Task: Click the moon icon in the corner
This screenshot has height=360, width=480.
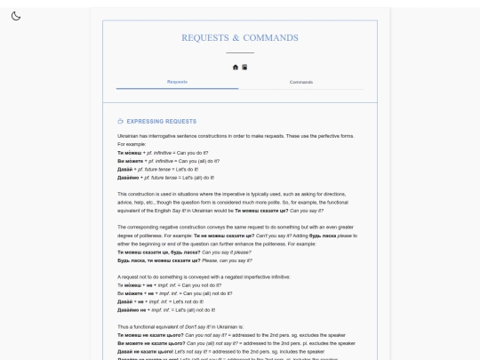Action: [16, 15]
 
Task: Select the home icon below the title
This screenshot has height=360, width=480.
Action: [236, 67]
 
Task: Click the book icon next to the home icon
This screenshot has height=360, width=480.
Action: [244, 67]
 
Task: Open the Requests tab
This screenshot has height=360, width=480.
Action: [178, 82]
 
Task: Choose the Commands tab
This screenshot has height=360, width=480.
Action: [301, 82]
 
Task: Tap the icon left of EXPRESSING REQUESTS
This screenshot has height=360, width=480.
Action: [121, 120]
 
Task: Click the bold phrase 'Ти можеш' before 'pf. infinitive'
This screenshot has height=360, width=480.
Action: [131, 153]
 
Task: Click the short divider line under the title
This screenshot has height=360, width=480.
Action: [240, 54]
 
